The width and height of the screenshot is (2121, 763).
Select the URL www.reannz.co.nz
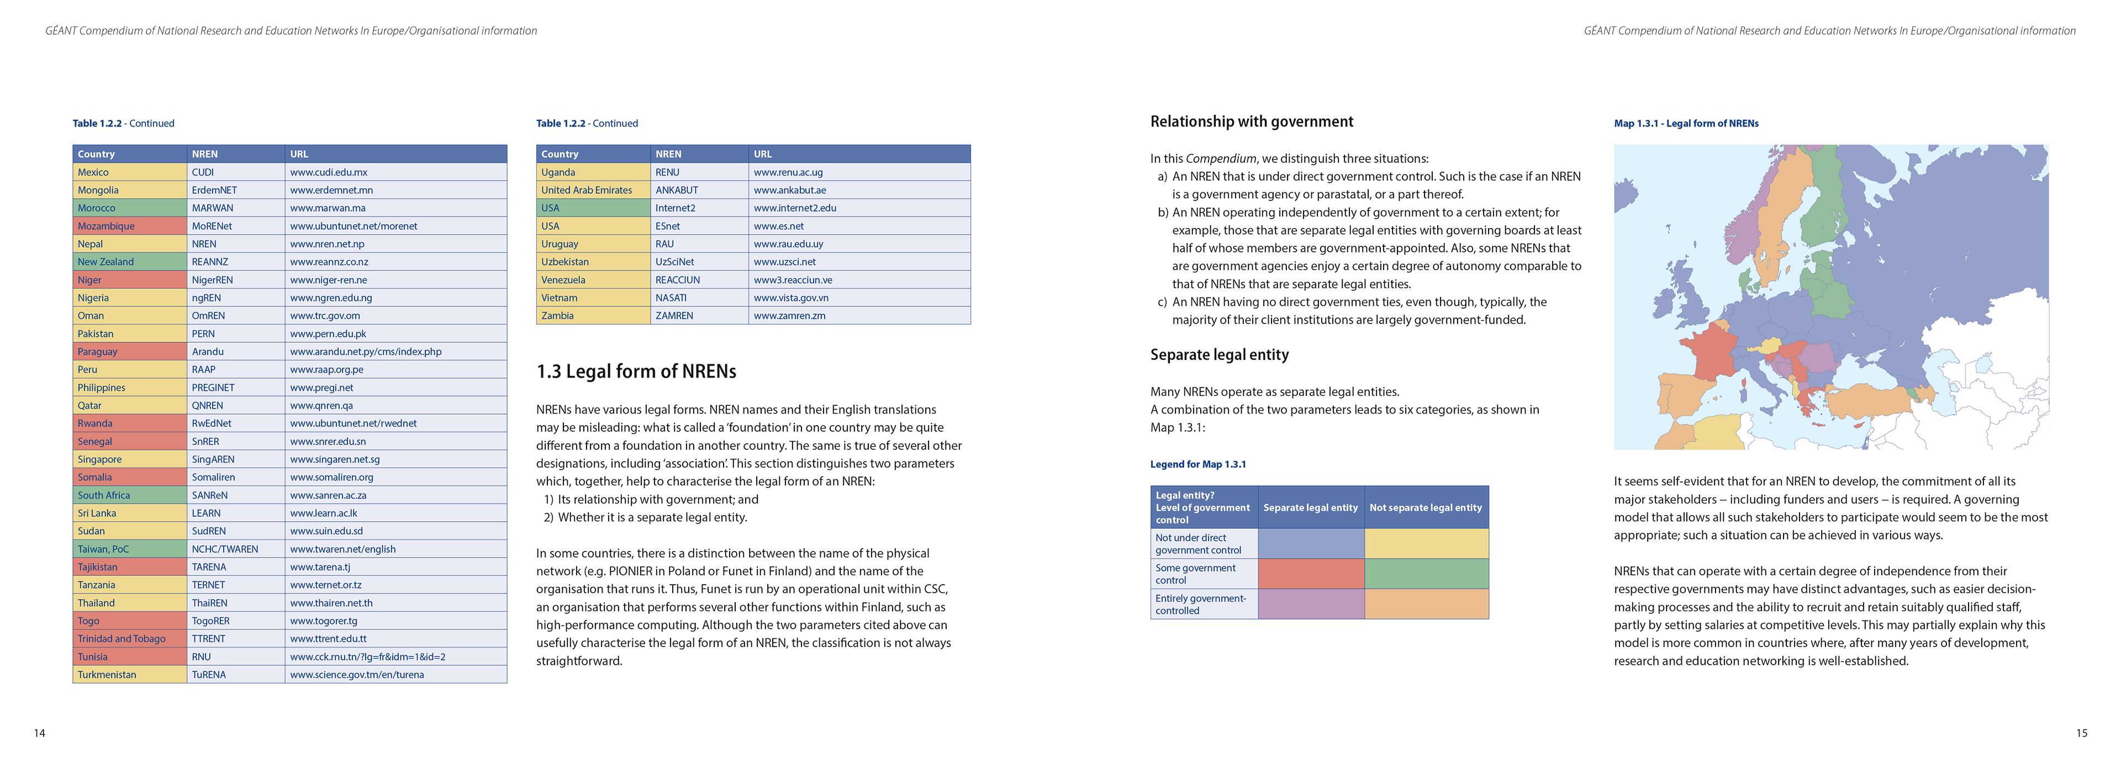coord(329,262)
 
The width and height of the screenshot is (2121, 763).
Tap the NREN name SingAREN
coord(213,459)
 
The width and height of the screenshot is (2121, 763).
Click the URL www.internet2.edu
coord(795,208)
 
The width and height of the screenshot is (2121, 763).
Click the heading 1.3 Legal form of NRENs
coord(636,371)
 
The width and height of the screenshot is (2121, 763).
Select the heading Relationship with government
coord(1252,122)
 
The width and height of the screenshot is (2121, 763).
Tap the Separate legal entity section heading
coord(1220,355)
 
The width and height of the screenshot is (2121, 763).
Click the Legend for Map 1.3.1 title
coord(1198,464)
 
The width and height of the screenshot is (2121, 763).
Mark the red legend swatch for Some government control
coord(1311,574)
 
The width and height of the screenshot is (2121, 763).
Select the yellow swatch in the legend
coord(1426,543)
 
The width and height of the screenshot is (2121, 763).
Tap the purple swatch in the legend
coord(1311,604)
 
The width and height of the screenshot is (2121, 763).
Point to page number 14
coord(40,733)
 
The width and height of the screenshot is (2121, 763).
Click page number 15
coord(2081,733)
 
